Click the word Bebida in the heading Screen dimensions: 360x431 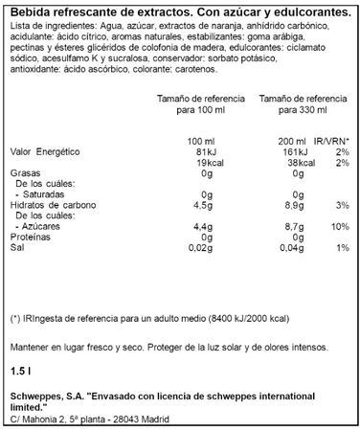pos(26,11)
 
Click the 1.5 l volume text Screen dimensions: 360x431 pos(18,369)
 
